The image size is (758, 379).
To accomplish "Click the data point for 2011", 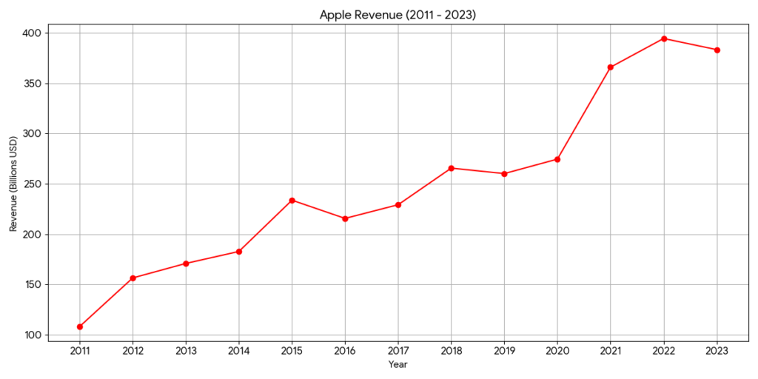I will click(80, 326).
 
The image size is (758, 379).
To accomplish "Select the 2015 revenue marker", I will click(292, 201).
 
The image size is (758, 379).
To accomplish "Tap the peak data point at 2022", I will click(664, 38).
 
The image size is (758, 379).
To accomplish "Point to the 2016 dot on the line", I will click(346, 218).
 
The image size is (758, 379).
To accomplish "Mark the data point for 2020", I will click(557, 159).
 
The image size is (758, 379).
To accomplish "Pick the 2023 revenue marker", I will click(717, 50).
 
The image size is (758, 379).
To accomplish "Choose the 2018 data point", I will click(452, 168).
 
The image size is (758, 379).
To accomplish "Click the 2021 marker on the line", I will click(611, 67).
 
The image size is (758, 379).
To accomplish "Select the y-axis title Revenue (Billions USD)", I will click(13, 184).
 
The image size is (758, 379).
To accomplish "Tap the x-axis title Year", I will click(398, 364).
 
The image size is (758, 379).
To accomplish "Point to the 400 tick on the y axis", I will click(33, 33).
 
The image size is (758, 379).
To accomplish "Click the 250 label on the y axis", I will click(33, 184).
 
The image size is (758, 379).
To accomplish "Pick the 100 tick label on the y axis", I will click(33, 335).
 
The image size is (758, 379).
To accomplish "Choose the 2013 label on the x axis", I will click(186, 350).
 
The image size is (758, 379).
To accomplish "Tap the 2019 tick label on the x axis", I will click(505, 350).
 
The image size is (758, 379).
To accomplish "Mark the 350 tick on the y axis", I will click(33, 84).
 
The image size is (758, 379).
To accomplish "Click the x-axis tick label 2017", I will click(398, 350).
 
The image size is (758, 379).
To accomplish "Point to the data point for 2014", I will click(239, 252).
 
